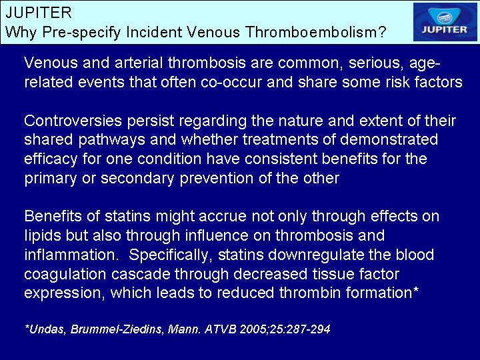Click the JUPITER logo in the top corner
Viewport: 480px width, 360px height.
pos(445,22)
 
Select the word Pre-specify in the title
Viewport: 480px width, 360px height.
pos(81,33)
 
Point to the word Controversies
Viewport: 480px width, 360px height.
pos(73,121)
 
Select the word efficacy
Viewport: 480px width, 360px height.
pos(51,159)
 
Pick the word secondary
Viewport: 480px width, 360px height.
pos(137,179)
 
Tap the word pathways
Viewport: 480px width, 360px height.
pos(112,140)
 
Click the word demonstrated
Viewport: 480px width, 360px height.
pos(389,139)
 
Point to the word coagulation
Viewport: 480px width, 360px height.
pos(65,275)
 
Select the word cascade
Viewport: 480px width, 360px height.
pos(141,274)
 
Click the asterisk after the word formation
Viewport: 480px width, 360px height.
pos(415,289)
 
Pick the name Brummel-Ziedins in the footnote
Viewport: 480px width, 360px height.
pos(116,329)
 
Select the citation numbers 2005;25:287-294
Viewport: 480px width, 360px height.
pos(285,329)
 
